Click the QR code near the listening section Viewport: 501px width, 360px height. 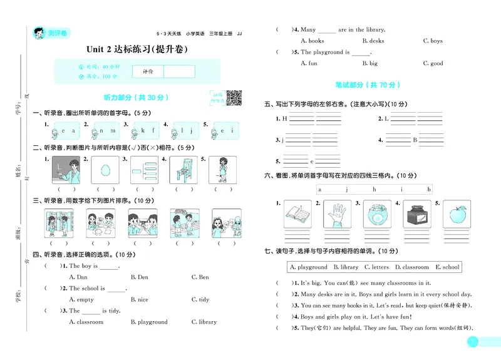[x=233, y=97]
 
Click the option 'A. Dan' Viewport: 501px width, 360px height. [x=78, y=277]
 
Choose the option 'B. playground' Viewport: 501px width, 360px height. [x=149, y=322]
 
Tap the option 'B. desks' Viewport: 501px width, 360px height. [x=373, y=41]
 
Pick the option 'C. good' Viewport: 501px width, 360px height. [x=433, y=63]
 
